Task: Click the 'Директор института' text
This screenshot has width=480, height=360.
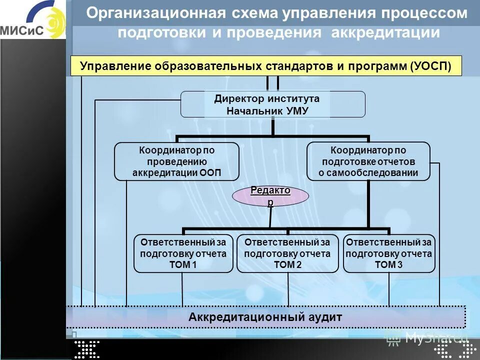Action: click(x=266, y=98)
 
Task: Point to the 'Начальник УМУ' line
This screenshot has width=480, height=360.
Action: click(x=266, y=111)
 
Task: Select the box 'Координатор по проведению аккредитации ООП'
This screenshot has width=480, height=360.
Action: click(x=176, y=161)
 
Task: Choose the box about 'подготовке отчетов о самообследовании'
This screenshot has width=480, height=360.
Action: click(x=368, y=161)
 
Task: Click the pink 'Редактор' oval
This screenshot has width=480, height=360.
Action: click(x=270, y=195)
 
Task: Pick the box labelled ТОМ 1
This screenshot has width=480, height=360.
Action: click(x=183, y=253)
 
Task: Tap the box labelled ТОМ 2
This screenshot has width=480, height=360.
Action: click(x=287, y=253)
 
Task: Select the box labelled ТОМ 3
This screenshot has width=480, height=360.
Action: click(x=388, y=253)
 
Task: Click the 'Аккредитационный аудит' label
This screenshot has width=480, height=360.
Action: click(x=265, y=316)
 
